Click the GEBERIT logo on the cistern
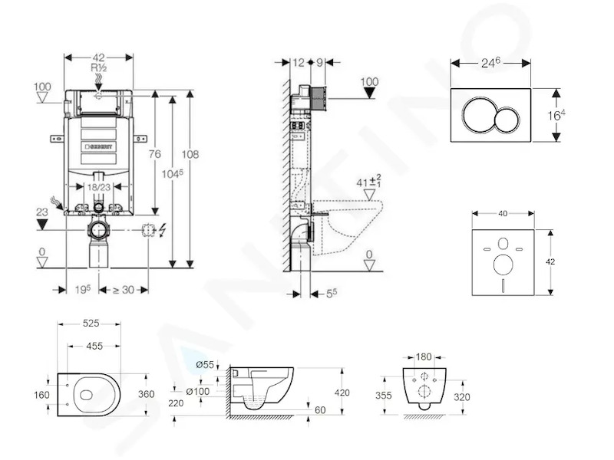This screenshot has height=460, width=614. tap(99, 146)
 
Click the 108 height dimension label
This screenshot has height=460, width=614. tap(190, 154)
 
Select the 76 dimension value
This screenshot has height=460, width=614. tap(155, 154)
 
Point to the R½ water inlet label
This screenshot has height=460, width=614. tap(99, 67)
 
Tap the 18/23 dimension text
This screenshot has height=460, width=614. tap(99, 187)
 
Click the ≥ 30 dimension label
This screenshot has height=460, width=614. tap(124, 290)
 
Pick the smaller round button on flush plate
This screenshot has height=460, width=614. tap(507, 120)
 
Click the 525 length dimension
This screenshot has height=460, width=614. tap(91, 324)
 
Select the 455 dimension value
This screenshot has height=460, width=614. tap(94, 347)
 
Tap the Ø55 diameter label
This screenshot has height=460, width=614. tap(204, 365)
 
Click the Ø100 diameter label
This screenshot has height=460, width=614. tap(197, 391)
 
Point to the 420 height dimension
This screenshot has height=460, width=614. tap(342, 393)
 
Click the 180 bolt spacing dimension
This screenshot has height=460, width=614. tap(424, 356)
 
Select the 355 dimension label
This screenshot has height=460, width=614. tap(383, 396)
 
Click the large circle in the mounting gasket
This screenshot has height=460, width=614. tap(503, 264)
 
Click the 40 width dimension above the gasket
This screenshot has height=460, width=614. tap(503, 214)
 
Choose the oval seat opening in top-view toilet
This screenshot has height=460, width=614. tap(87, 395)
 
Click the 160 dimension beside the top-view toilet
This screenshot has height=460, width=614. tap(41, 395)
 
